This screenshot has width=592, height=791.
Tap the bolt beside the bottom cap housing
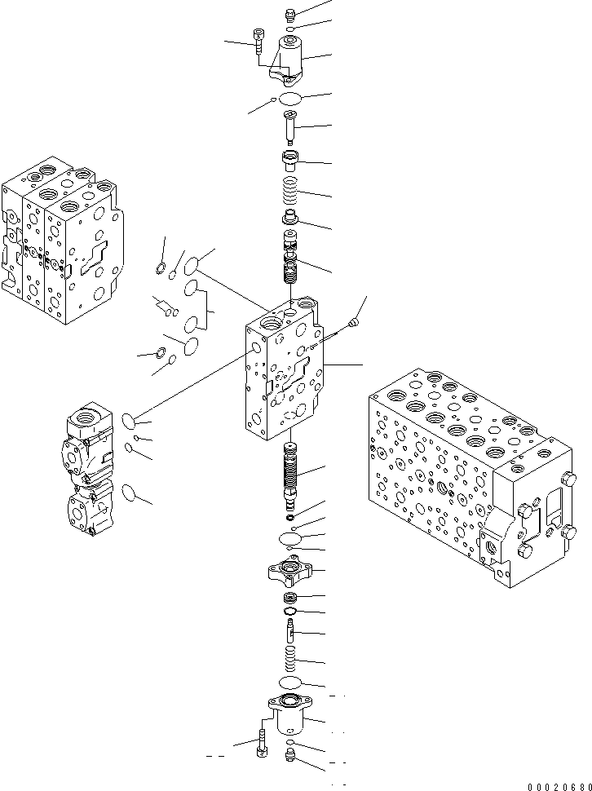click(260, 743)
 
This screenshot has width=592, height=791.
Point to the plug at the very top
click(291, 14)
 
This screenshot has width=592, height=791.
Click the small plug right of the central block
click(352, 324)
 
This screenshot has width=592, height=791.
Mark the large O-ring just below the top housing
click(290, 99)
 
